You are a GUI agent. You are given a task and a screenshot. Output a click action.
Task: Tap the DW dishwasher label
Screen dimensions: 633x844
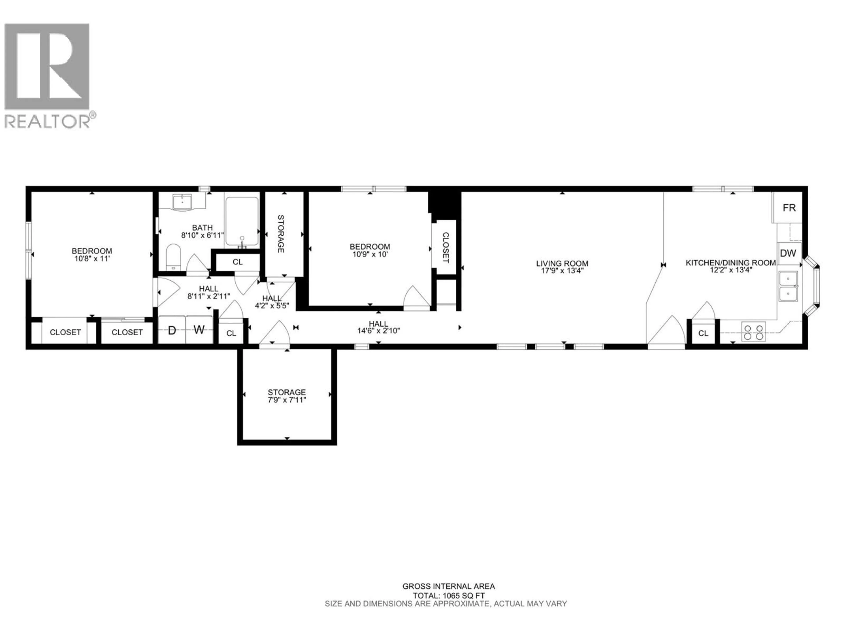[x=788, y=253]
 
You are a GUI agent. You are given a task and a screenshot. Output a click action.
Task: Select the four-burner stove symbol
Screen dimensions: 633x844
[x=753, y=332]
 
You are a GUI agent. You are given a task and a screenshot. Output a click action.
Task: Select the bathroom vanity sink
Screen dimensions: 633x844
[x=182, y=202]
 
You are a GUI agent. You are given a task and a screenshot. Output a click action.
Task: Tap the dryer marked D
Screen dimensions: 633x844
[x=172, y=330]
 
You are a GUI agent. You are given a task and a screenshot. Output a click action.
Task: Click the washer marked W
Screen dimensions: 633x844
[x=199, y=330]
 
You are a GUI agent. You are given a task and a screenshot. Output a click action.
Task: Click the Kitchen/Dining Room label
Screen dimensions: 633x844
[x=730, y=263]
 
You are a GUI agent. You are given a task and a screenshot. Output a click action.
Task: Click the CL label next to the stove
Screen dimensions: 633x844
[x=703, y=333]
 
